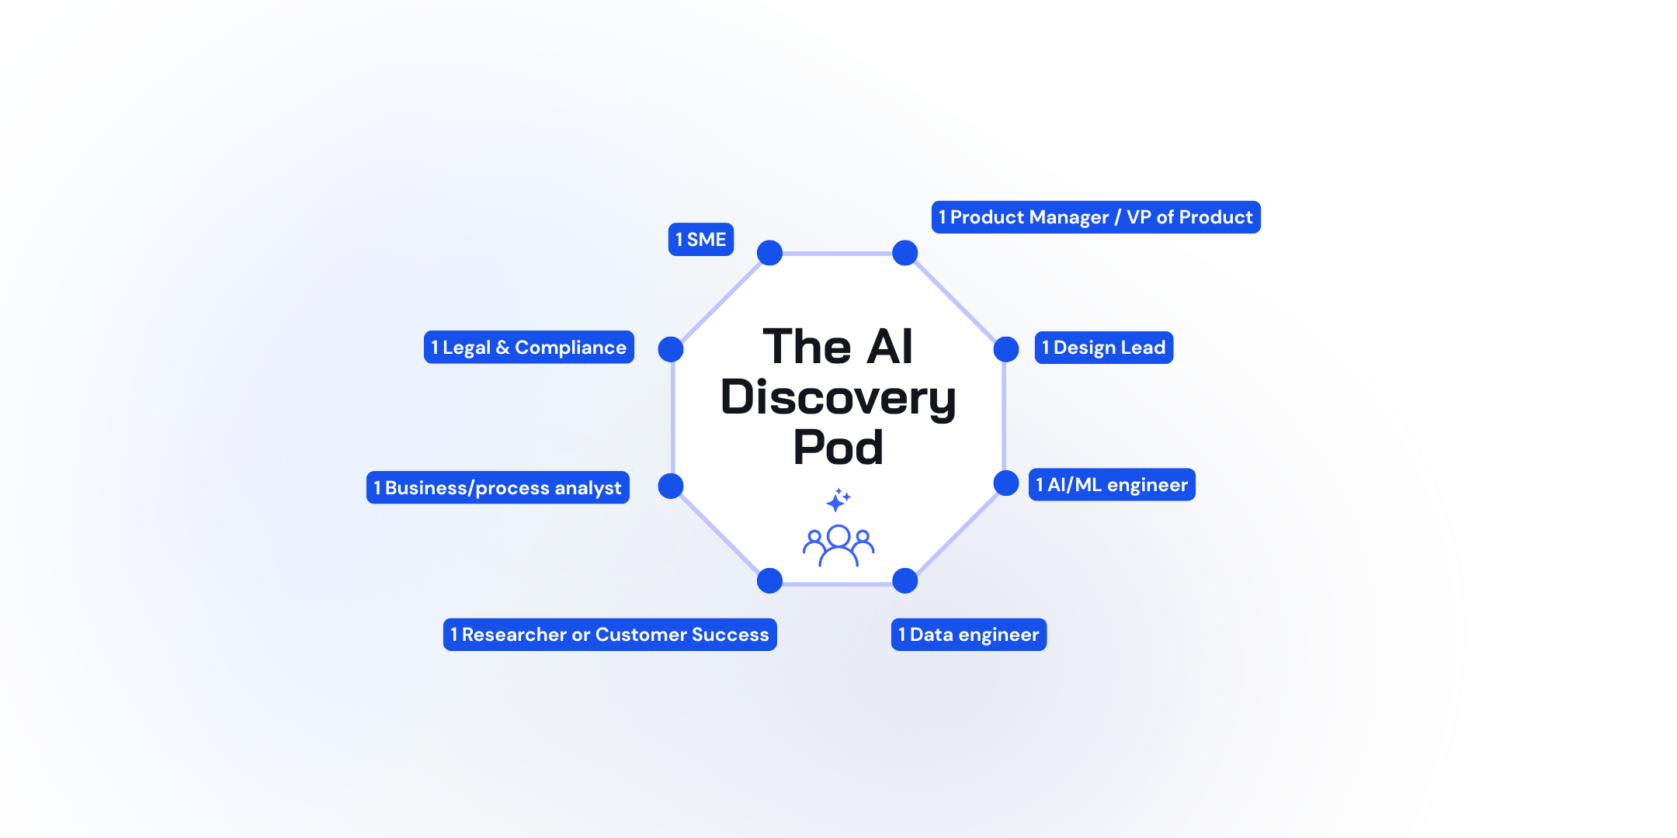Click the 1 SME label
[700, 240]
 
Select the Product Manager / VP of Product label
[1095, 217]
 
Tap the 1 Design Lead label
[1103, 348]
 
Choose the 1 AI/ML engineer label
[1112, 485]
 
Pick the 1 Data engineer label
[968, 635]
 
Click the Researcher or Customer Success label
[609, 635]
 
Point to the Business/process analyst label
[498, 488]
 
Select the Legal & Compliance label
[529, 348]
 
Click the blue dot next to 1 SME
[769, 253]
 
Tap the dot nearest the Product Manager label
[905, 253]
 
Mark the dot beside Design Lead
[1006, 349]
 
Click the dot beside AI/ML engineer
[1006, 483]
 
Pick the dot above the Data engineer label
[905, 580]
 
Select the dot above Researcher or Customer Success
[769, 580]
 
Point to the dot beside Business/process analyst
[671, 486]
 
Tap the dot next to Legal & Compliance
[671, 349]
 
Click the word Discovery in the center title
[838, 397]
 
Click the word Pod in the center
[838, 448]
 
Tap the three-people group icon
[838, 545]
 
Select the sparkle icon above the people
[838, 500]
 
